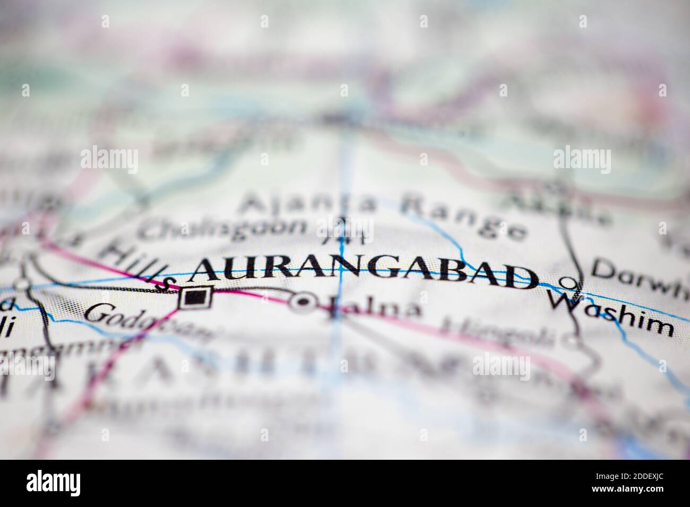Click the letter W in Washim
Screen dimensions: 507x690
point(564,302)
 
